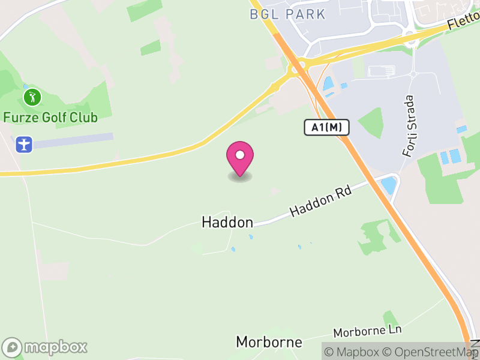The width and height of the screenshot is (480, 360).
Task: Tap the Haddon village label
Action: [227, 222]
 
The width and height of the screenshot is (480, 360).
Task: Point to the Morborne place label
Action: [268, 342]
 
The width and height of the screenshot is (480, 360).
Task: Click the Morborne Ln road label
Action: [367, 331]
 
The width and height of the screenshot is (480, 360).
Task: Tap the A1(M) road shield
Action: [326, 127]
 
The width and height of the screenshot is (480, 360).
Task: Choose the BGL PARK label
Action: [287, 14]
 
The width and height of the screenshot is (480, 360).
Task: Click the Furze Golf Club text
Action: [50, 117]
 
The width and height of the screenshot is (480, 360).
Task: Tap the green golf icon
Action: [32, 97]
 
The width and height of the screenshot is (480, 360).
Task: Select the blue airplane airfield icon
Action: [24, 145]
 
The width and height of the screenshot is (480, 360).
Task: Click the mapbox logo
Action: [46, 347]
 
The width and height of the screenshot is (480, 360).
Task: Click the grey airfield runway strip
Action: [73, 140]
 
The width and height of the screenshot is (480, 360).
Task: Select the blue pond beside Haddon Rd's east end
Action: [389, 184]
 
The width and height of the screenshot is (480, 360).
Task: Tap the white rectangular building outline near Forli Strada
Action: [381, 71]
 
